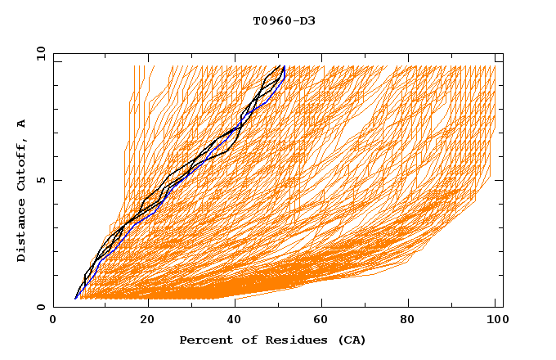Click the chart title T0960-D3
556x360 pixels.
[284, 20]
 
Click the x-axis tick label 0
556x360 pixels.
[53, 322]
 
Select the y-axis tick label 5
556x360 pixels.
[41, 181]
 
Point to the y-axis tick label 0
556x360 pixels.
[41, 308]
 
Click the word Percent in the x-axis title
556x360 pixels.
[204, 340]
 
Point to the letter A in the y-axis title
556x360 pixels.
[22, 124]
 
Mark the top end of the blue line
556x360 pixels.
[284, 66]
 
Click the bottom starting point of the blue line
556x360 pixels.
[75, 299]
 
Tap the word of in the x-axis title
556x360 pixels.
[245, 340]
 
